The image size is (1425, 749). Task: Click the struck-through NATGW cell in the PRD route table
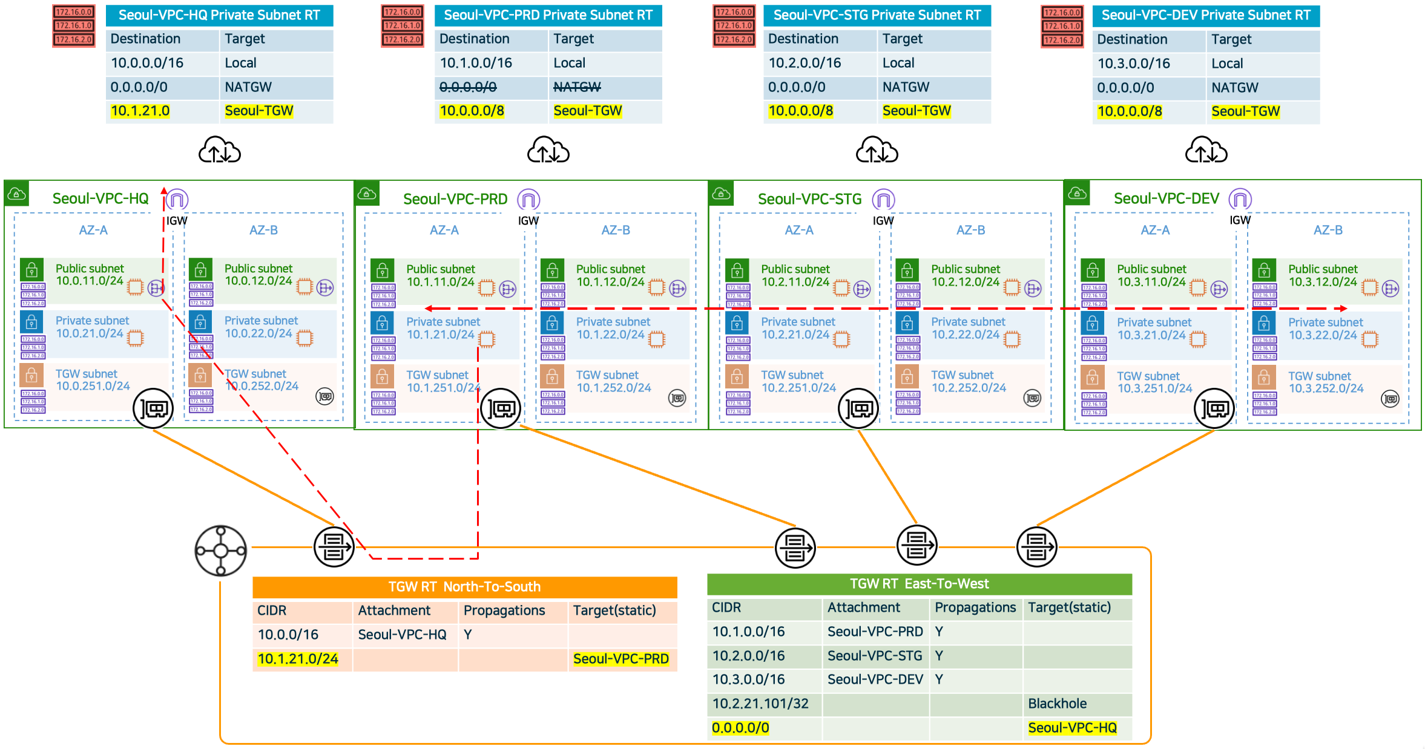(577, 87)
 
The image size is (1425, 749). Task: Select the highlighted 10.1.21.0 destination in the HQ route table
(140, 111)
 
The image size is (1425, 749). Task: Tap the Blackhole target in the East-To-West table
(1057, 704)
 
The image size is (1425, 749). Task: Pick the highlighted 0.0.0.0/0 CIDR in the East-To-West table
(740, 728)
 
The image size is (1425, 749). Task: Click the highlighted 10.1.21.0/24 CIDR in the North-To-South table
(298, 659)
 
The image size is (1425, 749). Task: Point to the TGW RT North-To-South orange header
(464, 586)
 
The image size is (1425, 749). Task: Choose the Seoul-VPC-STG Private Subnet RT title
(877, 15)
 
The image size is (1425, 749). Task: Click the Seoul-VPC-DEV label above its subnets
(1166, 198)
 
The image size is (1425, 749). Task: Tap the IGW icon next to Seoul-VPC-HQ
(177, 199)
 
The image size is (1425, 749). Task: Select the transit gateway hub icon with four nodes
(220, 551)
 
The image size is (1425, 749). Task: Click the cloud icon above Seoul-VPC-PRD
(548, 151)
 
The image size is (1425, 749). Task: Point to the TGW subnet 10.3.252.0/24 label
(1326, 382)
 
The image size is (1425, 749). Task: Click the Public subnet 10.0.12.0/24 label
(258, 275)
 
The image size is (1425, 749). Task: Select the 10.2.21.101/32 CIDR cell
(760, 704)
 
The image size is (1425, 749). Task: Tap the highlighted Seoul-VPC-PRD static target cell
(620, 659)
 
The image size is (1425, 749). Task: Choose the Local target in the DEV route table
(1227, 64)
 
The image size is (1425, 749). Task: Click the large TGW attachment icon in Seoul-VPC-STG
(858, 409)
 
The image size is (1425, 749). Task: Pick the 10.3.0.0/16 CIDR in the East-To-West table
(748, 679)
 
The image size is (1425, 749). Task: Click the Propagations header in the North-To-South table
(504, 610)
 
